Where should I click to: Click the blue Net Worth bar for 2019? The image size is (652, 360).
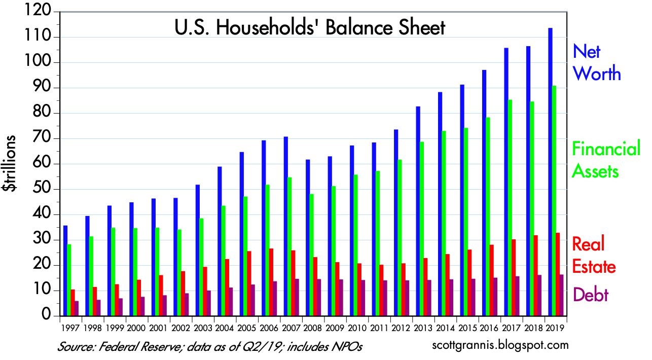(550, 172)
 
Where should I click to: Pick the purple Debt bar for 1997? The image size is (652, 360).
(77, 308)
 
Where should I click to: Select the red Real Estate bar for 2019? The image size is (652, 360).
(558, 274)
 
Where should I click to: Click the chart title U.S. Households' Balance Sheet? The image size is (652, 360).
(310, 27)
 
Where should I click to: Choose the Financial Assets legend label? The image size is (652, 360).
(605, 160)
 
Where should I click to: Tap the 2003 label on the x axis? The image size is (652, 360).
(203, 327)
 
